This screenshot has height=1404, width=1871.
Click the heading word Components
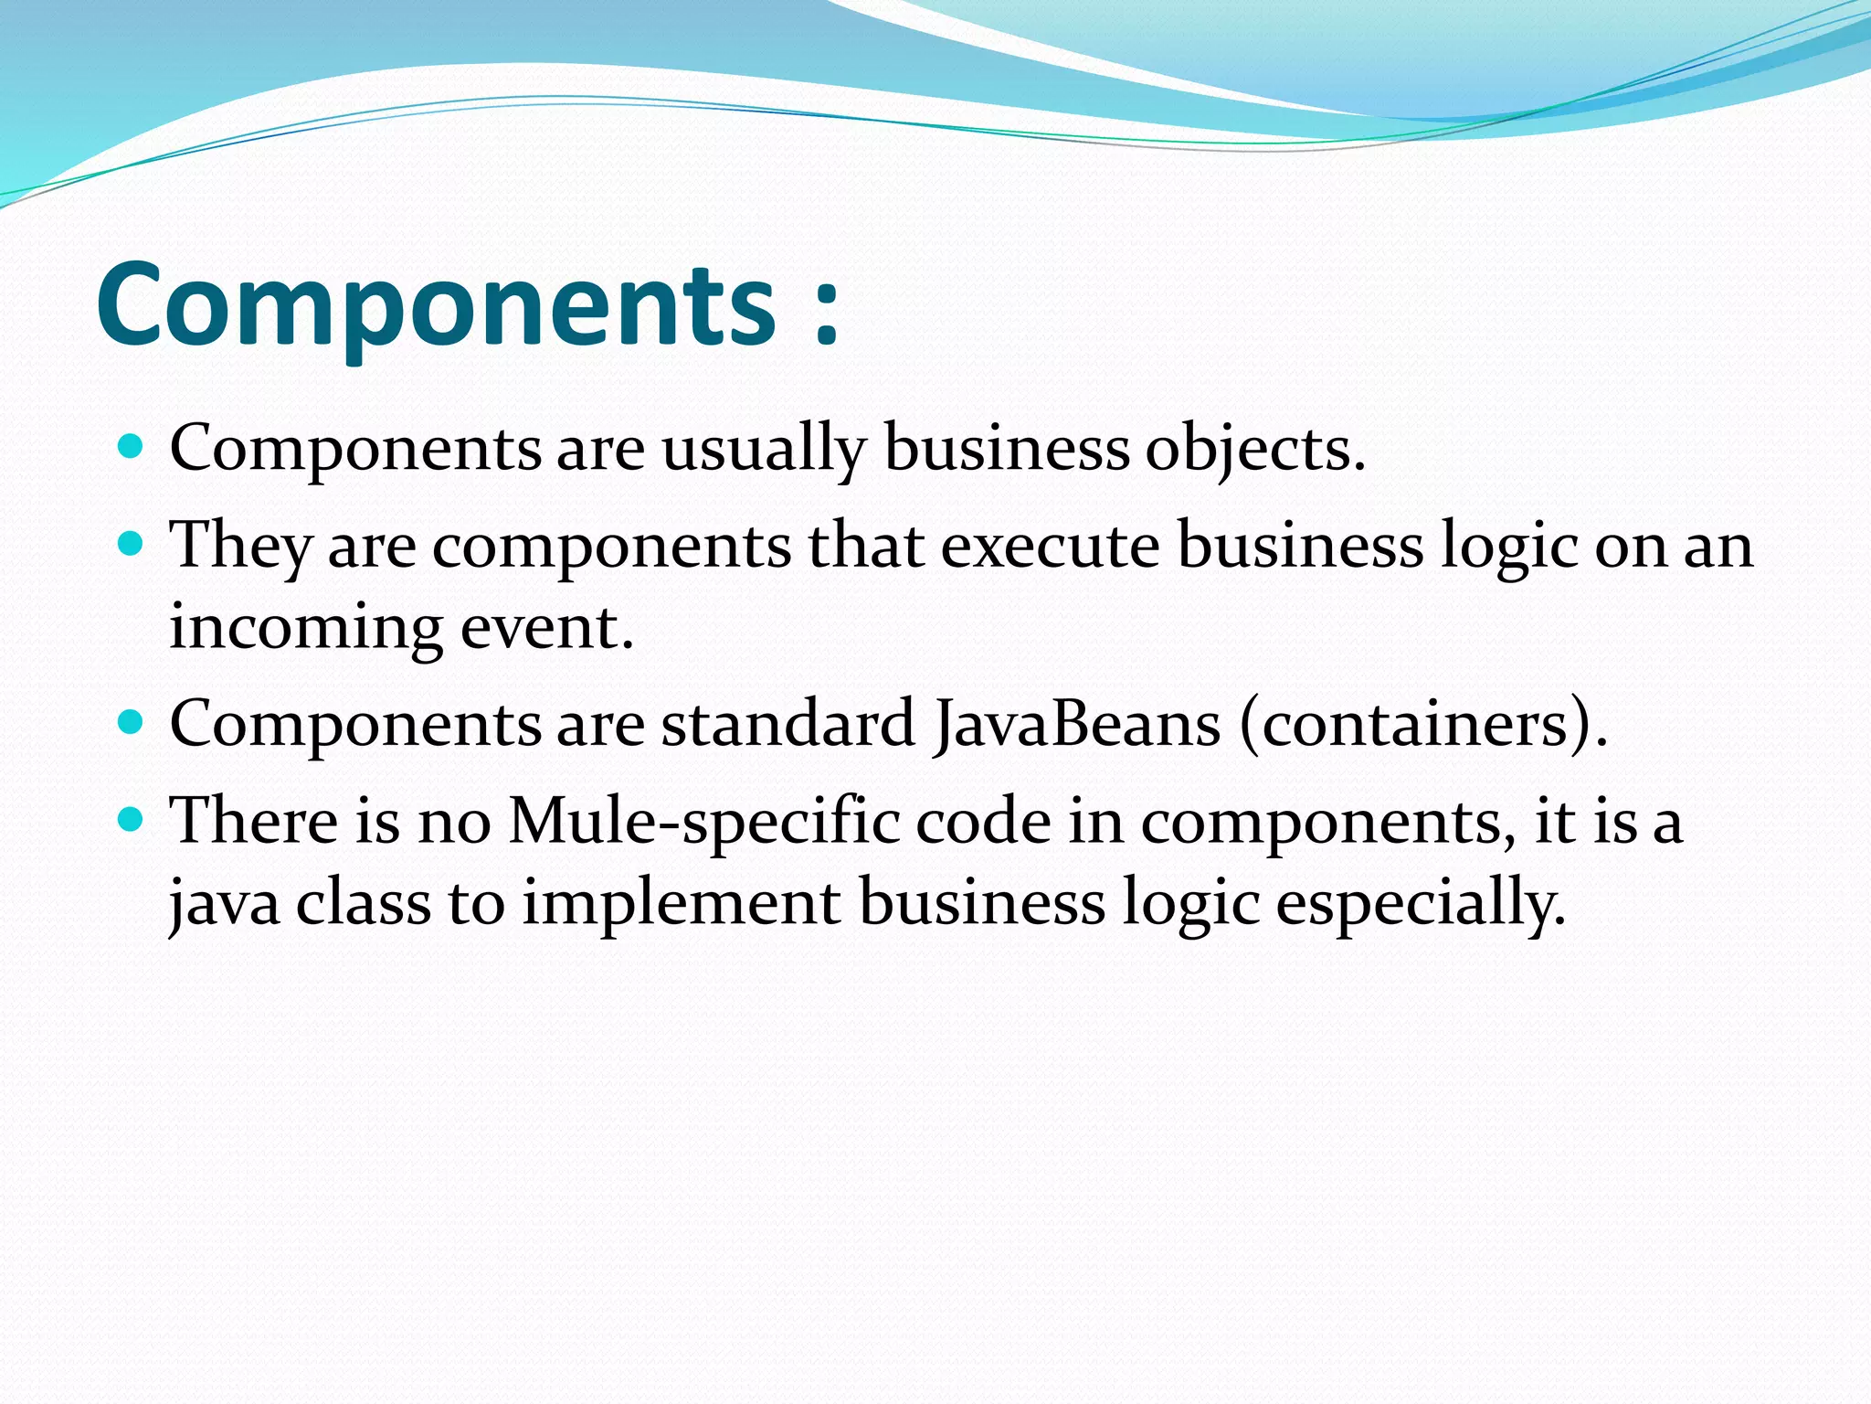(436, 305)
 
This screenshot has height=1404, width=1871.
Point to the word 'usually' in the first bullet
(763, 450)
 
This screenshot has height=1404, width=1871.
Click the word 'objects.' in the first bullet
(1255, 450)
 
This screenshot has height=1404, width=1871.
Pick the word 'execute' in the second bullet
(1051, 547)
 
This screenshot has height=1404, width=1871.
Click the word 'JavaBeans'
(1078, 724)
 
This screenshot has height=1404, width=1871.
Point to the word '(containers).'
(1423, 724)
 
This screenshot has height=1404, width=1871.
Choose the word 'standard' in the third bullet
(788, 724)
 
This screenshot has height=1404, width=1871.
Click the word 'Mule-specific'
(703, 821)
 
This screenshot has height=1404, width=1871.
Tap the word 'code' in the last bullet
(983, 821)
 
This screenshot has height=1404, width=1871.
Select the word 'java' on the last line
(225, 903)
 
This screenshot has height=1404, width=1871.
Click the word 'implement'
(681, 903)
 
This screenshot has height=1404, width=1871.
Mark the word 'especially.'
(1421, 903)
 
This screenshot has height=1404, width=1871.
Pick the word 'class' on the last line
(363, 903)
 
